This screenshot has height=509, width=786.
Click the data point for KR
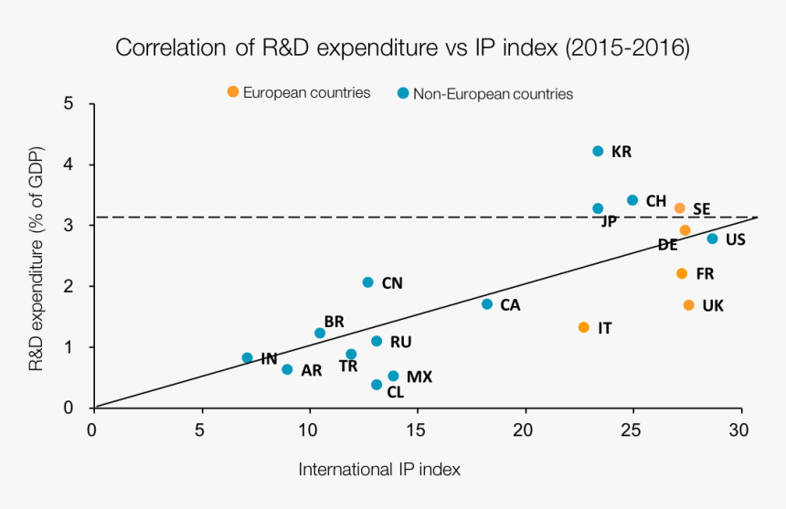pos(598,151)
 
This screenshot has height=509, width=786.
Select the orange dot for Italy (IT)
pos(584,327)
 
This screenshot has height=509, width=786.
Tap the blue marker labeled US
pos(712,239)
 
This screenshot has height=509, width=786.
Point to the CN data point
pos(367,282)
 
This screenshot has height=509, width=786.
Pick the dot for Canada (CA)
pos(487,304)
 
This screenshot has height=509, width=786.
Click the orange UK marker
pos(688,305)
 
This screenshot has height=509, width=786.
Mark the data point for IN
pos(247,358)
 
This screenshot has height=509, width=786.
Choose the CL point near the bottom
pos(377,385)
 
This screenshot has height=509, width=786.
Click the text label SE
pos(701,209)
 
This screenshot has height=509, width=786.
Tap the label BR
pos(335,322)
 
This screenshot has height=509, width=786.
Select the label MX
pos(420,376)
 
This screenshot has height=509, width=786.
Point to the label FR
pos(705,273)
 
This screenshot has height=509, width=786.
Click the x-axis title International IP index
pos(379,469)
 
